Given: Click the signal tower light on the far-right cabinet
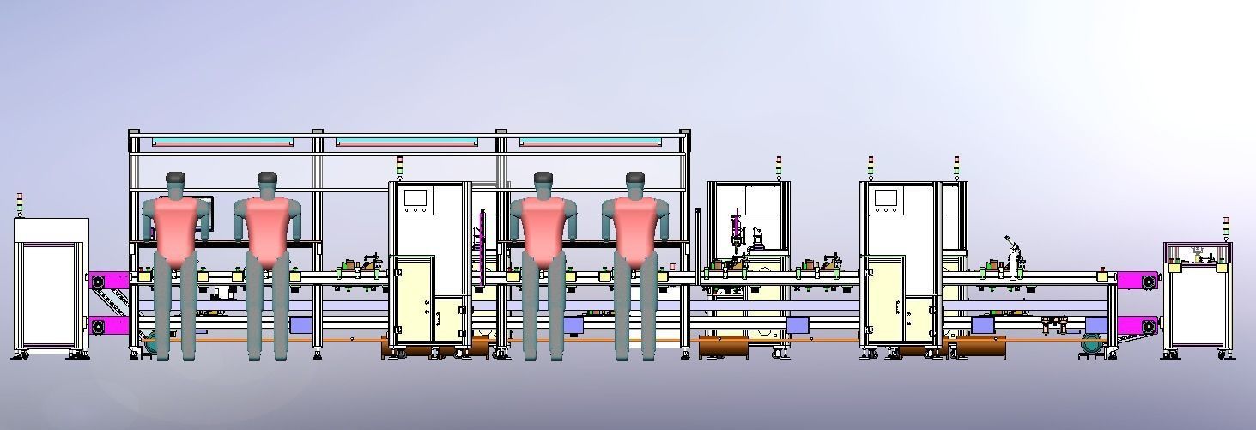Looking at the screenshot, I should pyautogui.click(x=1226, y=228).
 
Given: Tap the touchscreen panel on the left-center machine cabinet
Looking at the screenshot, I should pyautogui.click(x=416, y=198).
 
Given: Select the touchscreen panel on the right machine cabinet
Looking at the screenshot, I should pyautogui.click(x=885, y=198).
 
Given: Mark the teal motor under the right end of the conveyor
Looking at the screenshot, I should pyautogui.click(x=1093, y=343).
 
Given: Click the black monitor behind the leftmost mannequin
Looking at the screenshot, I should pyautogui.click(x=209, y=220).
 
